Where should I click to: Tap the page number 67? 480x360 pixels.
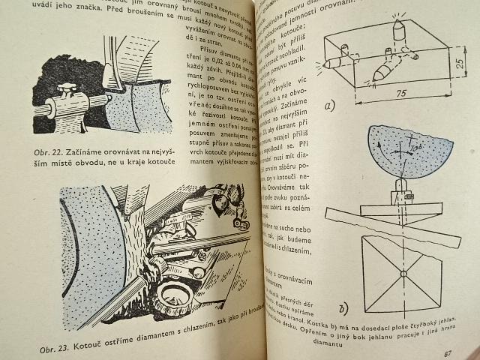point(448,353)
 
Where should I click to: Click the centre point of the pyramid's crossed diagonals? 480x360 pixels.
point(403,274)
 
